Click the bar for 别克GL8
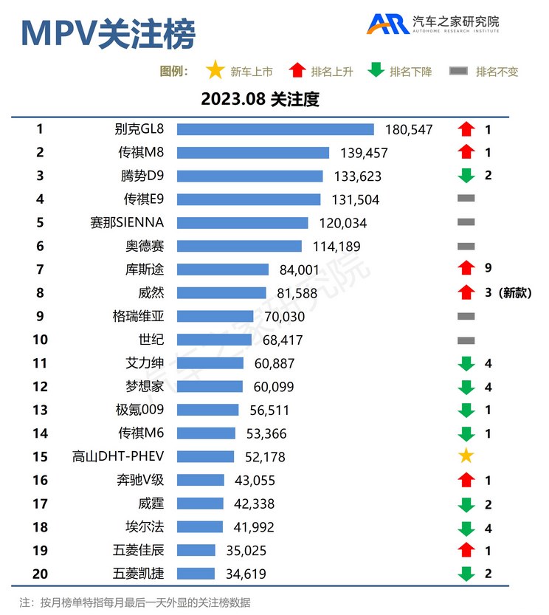(275, 129)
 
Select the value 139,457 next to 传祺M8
(362, 153)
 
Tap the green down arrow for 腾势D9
(466, 176)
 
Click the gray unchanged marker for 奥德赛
(466, 246)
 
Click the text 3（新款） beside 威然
(507, 292)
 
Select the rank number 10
(40, 340)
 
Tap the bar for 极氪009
(208, 410)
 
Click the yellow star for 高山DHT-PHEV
(466, 456)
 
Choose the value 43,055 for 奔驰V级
(254, 480)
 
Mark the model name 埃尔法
(145, 526)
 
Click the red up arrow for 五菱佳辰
(466, 550)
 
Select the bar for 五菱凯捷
(196, 574)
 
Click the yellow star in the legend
(215, 71)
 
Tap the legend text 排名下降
(410, 72)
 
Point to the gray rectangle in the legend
(459, 72)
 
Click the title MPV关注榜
(108, 33)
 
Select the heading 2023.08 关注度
(260, 99)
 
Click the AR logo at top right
(388, 24)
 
